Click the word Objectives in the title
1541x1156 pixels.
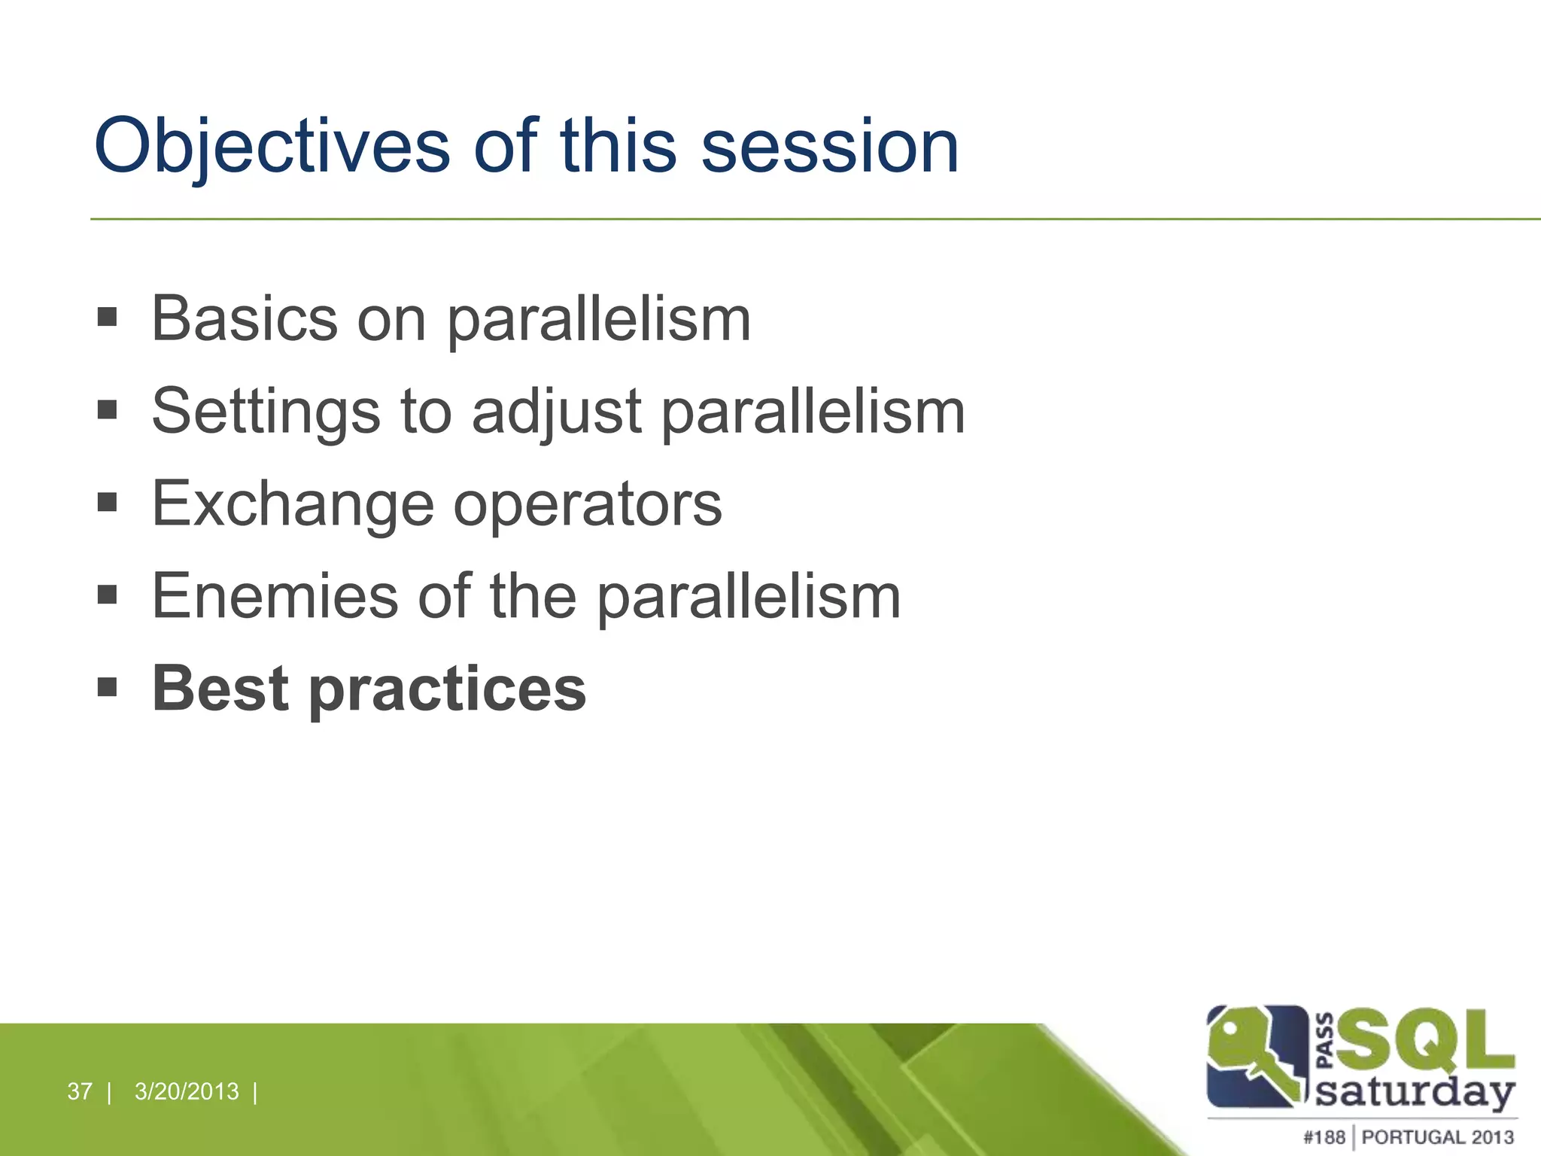272,146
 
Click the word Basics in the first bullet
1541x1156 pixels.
245,319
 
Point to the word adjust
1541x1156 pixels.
556,412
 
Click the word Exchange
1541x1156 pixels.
293,504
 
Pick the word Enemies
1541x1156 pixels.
275,596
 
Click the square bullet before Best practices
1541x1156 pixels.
108,687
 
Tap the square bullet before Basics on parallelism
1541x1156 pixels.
108,317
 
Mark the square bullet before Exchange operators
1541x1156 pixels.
108,502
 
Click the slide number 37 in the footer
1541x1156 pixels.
79,1091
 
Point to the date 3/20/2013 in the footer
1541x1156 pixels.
187,1091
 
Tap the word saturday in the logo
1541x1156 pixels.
1415,1091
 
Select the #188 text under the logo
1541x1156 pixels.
1324,1137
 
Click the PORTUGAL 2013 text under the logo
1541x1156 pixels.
1437,1137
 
